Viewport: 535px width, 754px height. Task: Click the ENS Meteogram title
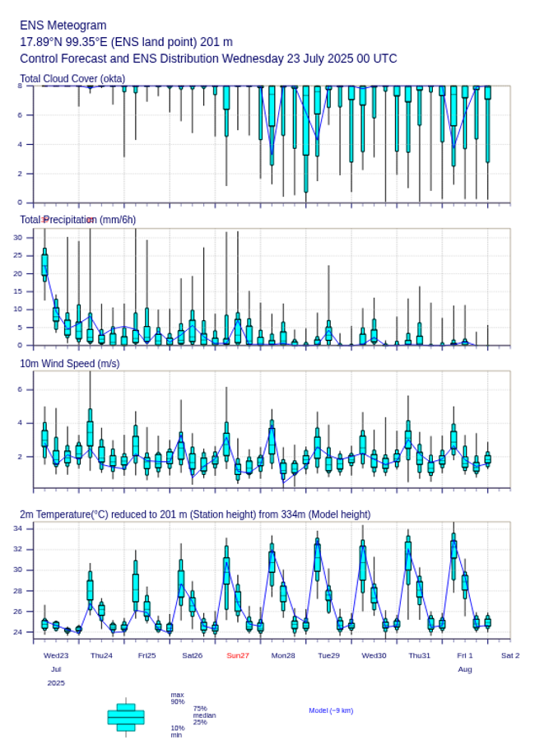pos(63,26)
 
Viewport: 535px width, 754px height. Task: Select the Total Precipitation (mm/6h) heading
pos(78,220)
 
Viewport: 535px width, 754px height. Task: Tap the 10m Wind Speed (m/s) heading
pos(69,363)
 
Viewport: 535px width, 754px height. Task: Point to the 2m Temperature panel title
pos(195,514)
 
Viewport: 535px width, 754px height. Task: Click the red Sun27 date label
pos(238,655)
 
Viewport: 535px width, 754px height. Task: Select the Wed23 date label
pos(56,655)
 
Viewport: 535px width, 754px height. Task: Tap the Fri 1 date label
pos(465,655)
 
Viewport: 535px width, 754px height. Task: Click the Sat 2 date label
pos(510,655)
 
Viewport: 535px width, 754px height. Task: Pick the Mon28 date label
pos(283,655)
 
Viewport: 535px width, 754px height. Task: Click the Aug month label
pos(465,670)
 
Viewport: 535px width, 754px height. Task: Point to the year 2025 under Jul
pos(56,683)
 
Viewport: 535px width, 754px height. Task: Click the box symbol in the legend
pos(126,717)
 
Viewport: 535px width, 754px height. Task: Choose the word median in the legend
pos(204,715)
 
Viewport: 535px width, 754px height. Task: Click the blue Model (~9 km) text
pos(331,710)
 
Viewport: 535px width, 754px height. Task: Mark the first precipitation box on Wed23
pos(44,265)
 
